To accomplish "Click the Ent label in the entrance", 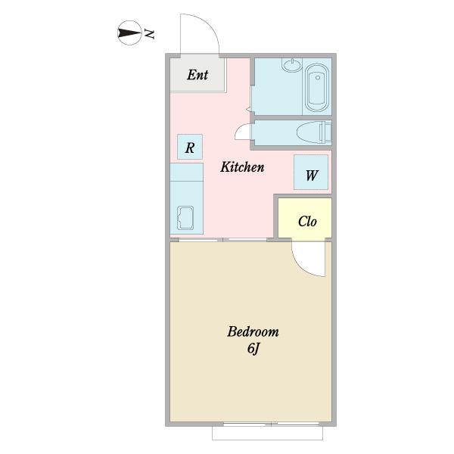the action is click(x=197, y=75).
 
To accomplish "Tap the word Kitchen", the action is click(x=242, y=167).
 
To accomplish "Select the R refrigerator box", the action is click(x=190, y=147).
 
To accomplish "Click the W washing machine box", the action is click(x=311, y=173).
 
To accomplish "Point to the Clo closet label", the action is click(x=307, y=222).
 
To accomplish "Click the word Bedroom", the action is click(x=253, y=332).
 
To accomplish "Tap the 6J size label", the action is click(x=253, y=348).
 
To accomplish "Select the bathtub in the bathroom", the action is click(x=317, y=88).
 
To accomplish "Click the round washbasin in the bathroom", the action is click(x=292, y=65).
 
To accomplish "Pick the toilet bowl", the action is click(x=308, y=132).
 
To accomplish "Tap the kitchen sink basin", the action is click(x=185, y=218).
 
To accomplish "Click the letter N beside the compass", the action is click(x=149, y=34).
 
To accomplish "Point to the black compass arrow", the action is click(x=129, y=33).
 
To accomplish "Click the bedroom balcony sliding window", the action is click(x=272, y=424).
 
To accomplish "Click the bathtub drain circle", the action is click(x=318, y=78).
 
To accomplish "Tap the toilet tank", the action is click(x=325, y=132).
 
